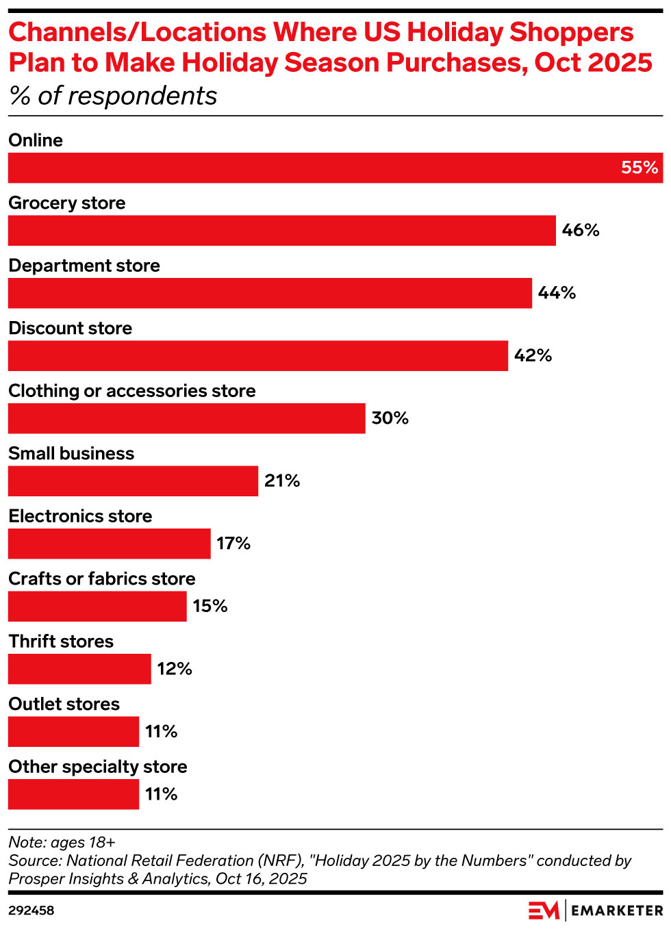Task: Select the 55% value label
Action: tap(640, 168)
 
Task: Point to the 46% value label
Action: tap(581, 231)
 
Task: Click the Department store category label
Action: tap(84, 266)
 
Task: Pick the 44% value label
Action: tap(557, 293)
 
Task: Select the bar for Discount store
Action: tap(258, 356)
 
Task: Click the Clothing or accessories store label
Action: tap(132, 391)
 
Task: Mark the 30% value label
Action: tap(390, 418)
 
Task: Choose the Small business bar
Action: tap(134, 481)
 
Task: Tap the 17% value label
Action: tap(233, 544)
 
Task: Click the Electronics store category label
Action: tap(80, 516)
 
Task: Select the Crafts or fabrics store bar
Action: tap(97, 607)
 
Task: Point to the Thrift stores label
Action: tap(61, 641)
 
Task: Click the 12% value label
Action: tap(175, 669)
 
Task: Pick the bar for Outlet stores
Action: tap(73, 732)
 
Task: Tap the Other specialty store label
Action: tap(98, 767)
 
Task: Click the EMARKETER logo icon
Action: tap(544, 911)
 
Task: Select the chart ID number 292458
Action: tap(31, 911)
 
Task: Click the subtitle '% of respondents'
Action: tap(113, 96)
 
